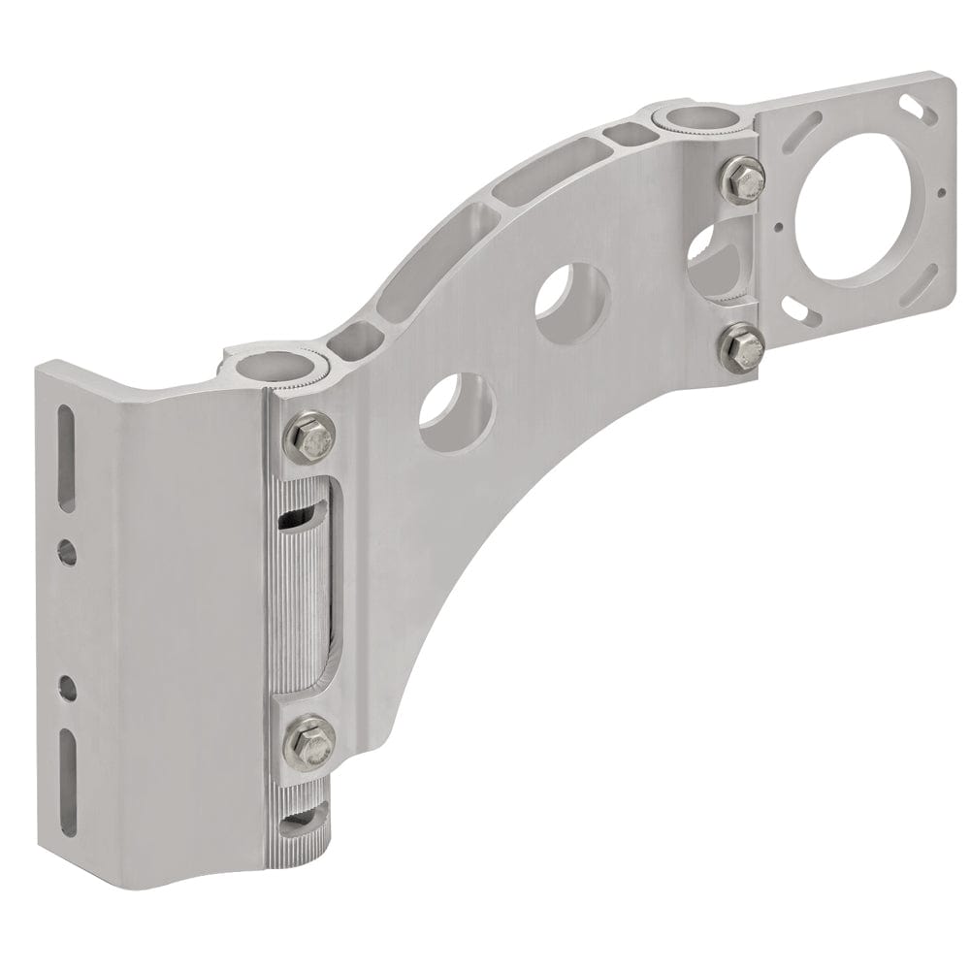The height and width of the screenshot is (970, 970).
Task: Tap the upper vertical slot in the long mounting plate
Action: (x=69, y=453)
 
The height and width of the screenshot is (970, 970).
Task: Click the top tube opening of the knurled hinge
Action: (x=276, y=368)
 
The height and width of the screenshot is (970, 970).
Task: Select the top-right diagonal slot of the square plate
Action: (x=912, y=102)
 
